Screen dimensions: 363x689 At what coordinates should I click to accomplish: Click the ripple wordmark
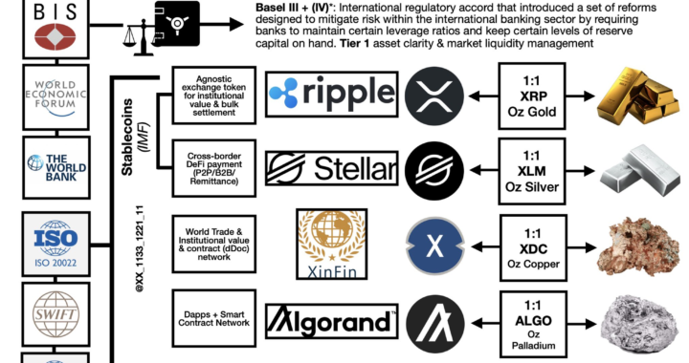330,93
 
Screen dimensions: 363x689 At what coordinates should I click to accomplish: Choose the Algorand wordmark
330,320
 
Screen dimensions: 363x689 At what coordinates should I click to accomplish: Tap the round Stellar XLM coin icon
435,169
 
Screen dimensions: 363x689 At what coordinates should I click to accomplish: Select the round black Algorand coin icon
435,320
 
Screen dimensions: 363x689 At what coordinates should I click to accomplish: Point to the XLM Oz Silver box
541,169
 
